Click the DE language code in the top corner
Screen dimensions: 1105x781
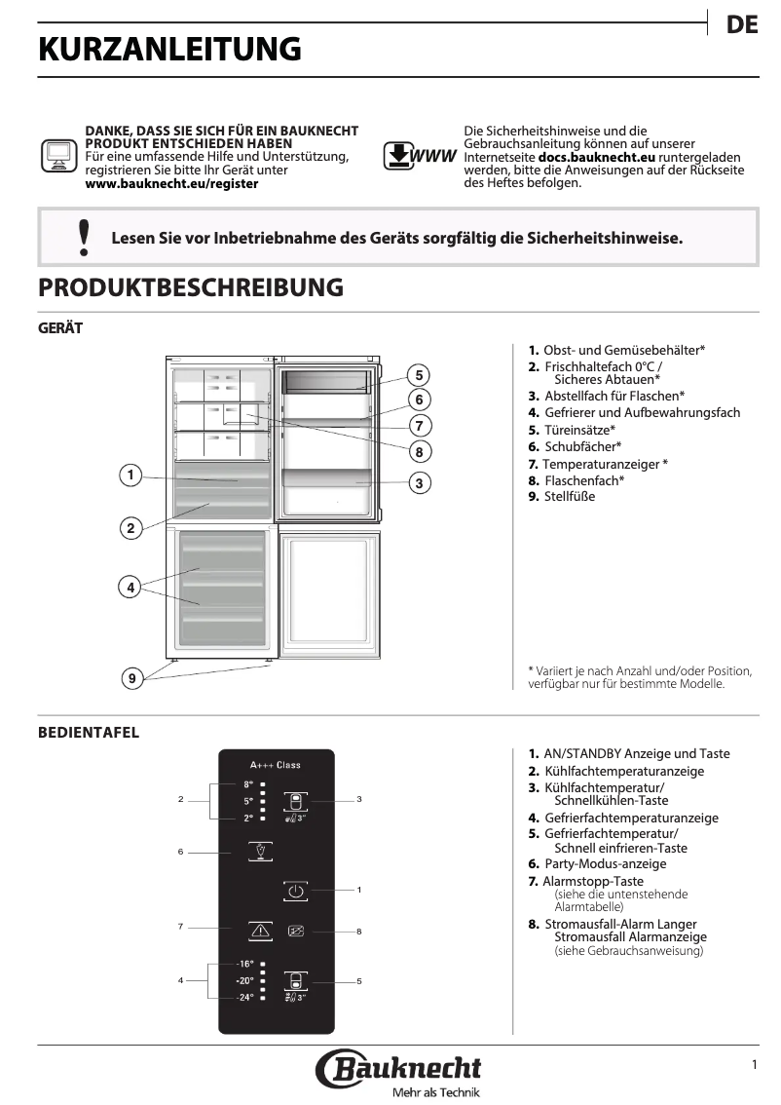click(x=742, y=26)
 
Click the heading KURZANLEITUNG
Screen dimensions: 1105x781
click(x=169, y=49)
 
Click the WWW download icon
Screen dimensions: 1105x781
click(x=419, y=156)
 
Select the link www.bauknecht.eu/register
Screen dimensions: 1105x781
click(x=172, y=183)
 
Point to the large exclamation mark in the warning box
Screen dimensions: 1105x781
click(x=84, y=238)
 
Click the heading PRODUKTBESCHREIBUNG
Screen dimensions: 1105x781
click(x=190, y=287)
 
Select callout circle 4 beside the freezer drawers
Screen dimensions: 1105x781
click(x=130, y=587)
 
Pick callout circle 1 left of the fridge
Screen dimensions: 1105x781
click(x=130, y=476)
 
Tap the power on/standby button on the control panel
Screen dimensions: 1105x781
click(x=297, y=891)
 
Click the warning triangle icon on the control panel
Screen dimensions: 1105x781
click(x=260, y=931)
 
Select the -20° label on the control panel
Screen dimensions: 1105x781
click(x=244, y=980)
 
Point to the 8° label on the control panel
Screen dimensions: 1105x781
click(x=247, y=784)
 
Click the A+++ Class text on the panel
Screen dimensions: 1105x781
click(x=276, y=765)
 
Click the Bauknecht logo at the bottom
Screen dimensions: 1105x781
click(x=398, y=1069)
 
